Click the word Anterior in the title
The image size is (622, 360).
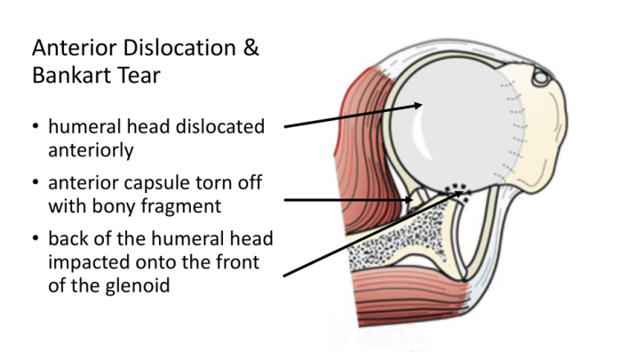pyautogui.click(x=75, y=48)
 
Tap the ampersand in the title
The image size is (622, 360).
pyautogui.click(x=251, y=48)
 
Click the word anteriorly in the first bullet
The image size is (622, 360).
pyautogui.click(x=91, y=150)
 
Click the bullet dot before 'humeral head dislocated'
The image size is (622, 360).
pyautogui.click(x=36, y=126)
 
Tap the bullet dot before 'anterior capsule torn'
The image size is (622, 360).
pyautogui.click(x=36, y=182)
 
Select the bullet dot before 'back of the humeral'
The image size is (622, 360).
pyautogui.click(x=36, y=238)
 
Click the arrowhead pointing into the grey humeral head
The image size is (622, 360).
pyautogui.click(x=418, y=105)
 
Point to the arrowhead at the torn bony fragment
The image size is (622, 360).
pyautogui.click(x=409, y=200)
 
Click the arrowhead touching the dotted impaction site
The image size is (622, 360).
pyautogui.click(x=459, y=193)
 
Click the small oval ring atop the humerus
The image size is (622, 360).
pyautogui.click(x=541, y=77)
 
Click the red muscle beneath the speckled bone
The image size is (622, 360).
pyautogui.click(x=409, y=296)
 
